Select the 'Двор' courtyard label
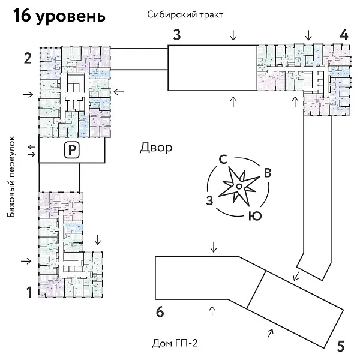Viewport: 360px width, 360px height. [156, 147]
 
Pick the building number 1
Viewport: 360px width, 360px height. [28, 293]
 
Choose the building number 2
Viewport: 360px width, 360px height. [28, 58]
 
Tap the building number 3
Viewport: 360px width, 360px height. [177, 34]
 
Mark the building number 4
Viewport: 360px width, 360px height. [343, 34]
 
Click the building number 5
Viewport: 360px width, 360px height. [340, 346]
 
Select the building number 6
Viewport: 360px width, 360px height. [159, 312]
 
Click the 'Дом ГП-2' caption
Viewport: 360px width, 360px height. [175, 343]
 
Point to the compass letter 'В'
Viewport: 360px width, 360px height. [268, 173]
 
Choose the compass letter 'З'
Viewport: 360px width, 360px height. [209, 199]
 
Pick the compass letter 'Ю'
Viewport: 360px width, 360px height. [254, 215]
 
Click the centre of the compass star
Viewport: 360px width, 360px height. [238, 187]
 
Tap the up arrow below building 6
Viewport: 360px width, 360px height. [211, 310]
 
